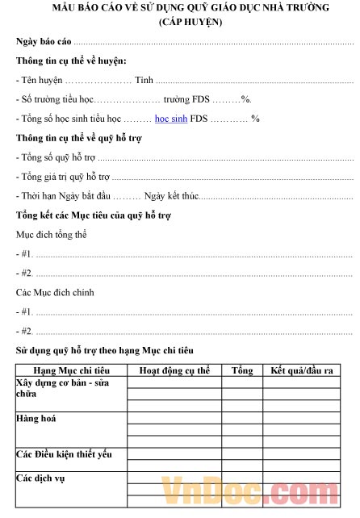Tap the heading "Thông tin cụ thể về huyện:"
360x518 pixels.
[x=71, y=61]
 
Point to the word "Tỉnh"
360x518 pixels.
[x=144, y=81]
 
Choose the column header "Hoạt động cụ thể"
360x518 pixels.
[x=174, y=370]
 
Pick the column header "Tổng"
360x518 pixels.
[x=242, y=370]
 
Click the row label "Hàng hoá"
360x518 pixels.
[x=36, y=420]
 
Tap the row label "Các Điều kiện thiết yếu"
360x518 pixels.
[x=65, y=455]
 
